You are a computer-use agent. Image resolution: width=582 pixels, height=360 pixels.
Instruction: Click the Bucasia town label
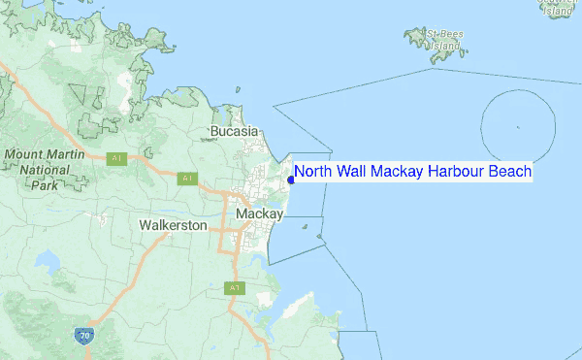pos(235,130)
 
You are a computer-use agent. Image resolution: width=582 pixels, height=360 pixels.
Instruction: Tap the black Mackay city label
pos(260,213)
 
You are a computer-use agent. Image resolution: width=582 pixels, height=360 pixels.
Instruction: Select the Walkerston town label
pos(173,225)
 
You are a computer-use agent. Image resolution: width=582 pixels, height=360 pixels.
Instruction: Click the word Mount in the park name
pos(28,155)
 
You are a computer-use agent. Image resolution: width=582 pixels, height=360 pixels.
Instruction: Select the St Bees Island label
pos(445,40)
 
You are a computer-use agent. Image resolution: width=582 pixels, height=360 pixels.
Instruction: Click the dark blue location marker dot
pos(291,179)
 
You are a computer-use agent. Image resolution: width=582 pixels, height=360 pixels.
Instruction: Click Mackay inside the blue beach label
pos(402,172)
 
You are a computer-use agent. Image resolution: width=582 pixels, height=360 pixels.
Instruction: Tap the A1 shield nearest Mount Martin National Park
pos(117,158)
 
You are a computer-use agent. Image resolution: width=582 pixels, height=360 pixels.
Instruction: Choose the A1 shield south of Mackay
pos(234,287)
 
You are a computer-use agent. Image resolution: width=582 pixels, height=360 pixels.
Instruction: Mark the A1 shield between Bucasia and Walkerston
pos(187,178)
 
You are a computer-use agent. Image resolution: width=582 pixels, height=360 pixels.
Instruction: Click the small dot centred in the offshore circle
pos(519,127)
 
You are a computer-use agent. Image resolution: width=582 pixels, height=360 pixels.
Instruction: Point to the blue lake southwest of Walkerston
pos(47,260)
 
